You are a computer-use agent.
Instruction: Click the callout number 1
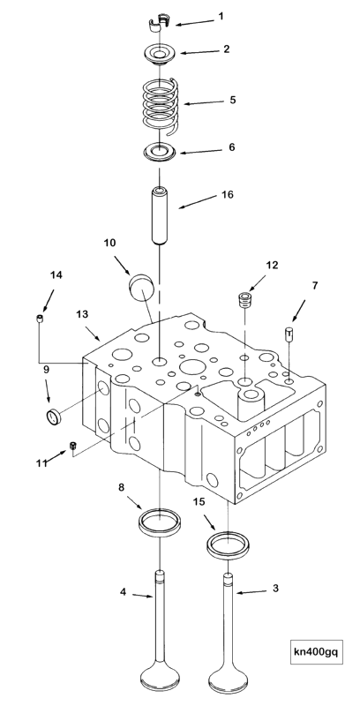point(221,16)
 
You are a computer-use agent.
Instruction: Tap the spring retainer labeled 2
point(159,56)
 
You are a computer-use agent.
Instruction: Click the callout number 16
point(228,194)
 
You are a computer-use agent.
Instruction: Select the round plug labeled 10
point(140,288)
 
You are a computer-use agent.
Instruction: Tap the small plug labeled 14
point(40,319)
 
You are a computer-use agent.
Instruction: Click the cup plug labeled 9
point(54,416)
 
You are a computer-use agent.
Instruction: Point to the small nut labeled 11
point(72,446)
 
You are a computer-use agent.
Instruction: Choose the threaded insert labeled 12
point(244,300)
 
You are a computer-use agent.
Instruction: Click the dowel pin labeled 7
point(289,335)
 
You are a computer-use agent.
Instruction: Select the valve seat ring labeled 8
point(160,523)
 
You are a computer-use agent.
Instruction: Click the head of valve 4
point(160,676)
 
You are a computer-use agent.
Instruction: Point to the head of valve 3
point(229,678)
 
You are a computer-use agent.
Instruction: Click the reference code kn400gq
point(316,651)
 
